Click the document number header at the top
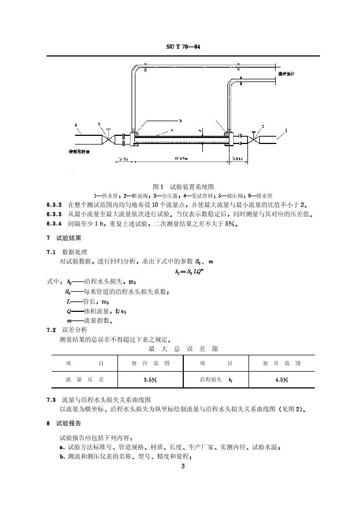click(x=179, y=47)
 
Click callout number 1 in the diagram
click(x=286, y=130)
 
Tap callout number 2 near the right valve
click(x=263, y=126)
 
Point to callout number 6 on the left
click(x=77, y=126)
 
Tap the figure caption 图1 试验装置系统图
click(x=179, y=186)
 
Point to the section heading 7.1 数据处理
click(x=67, y=253)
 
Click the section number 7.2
click(x=52, y=330)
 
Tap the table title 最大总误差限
click(x=179, y=349)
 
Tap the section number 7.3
click(x=52, y=399)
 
